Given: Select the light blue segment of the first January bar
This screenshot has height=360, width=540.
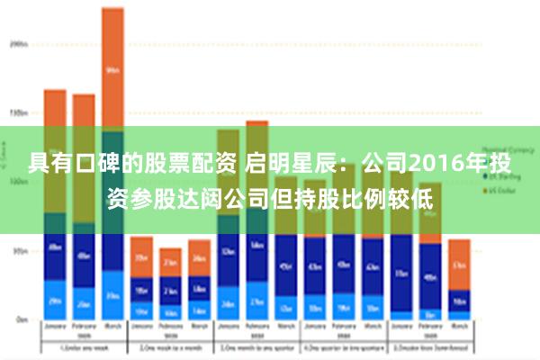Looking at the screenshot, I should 55,300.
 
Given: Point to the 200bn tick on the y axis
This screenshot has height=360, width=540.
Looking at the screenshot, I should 18,42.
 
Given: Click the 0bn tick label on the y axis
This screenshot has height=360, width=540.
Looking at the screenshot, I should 20,319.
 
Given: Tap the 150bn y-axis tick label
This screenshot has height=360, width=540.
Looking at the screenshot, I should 18,112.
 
